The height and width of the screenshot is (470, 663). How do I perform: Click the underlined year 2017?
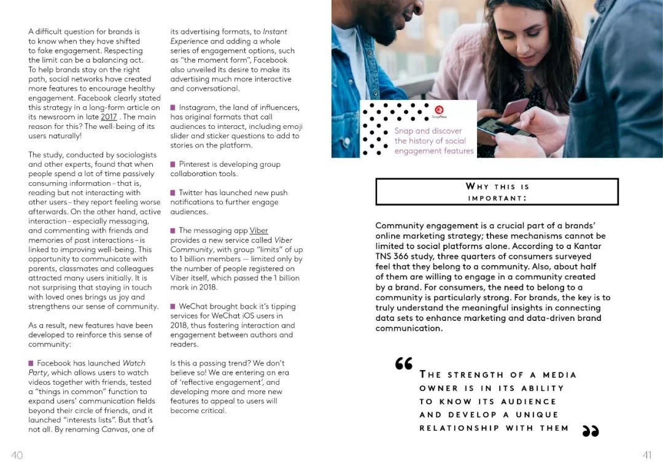109,117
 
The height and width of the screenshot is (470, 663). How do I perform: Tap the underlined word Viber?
259,231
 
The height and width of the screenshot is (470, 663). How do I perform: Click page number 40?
17,455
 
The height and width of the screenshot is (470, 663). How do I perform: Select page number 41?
646,455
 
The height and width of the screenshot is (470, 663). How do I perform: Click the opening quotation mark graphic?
404,363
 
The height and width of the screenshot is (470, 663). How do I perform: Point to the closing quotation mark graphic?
589,431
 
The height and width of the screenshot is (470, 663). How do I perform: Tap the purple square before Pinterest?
173,164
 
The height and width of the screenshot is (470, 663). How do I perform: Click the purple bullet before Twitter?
173,193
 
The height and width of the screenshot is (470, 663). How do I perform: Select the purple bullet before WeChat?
173,306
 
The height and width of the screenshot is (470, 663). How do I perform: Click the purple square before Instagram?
173,107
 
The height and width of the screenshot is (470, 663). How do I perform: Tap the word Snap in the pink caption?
403,131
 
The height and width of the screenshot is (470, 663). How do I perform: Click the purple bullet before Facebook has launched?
31,363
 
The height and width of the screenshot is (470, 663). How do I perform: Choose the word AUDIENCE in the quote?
529,401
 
